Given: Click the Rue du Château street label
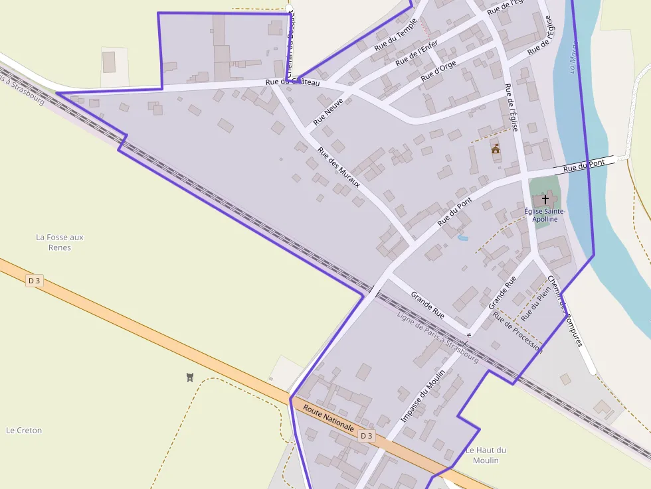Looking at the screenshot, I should pos(292,82).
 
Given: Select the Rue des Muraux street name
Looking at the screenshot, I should pos(339,167).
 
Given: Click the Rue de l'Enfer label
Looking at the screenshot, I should pos(417,53).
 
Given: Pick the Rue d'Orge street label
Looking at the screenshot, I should pos(438,71).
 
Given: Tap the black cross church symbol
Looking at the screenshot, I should pos(545,198).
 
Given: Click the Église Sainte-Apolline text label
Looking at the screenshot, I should pos(545,215).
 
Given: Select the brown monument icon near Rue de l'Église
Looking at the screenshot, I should pos(496,149).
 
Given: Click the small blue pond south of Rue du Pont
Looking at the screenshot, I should pos(463,238).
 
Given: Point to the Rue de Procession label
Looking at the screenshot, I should pos(517,332).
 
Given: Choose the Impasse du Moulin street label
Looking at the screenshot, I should pos(422,396).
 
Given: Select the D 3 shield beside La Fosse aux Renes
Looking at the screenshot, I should pos(34,281).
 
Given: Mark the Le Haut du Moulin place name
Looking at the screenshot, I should pos(486,455).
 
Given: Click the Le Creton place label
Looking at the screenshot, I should pos(24,430).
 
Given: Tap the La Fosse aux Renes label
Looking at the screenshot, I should pos(60,242).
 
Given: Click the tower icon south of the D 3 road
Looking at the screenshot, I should pos(191,378).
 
